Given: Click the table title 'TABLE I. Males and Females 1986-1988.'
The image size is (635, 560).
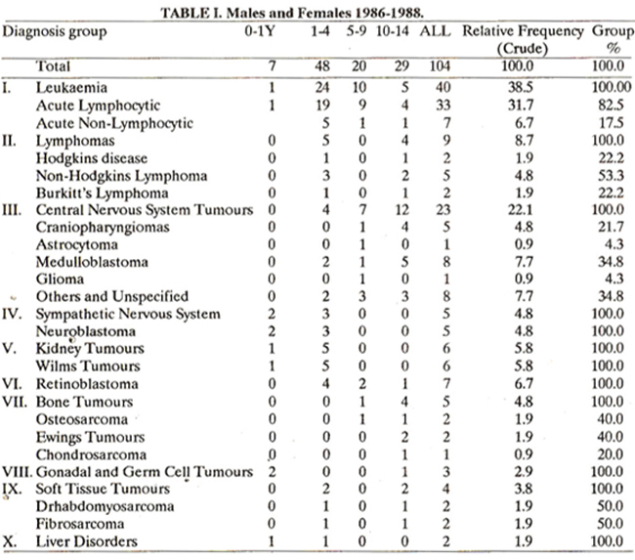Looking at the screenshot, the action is [x=292, y=13].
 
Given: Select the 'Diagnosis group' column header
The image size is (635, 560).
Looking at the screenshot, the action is [x=55, y=32].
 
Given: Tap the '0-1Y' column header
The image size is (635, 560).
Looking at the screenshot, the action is [x=260, y=31].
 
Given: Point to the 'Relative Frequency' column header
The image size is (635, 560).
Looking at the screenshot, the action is [x=523, y=31].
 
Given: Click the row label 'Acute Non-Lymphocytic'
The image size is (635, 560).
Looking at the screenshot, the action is [x=114, y=123].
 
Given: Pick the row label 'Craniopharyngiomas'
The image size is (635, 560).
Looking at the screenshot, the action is [x=103, y=228].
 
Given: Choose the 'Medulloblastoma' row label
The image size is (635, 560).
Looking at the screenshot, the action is [x=92, y=262].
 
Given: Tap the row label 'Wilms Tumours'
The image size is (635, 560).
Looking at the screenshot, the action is [x=88, y=366].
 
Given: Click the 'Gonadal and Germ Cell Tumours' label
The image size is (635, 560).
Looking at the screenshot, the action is [x=145, y=472].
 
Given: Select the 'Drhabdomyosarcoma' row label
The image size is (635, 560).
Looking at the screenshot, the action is [x=105, y=506].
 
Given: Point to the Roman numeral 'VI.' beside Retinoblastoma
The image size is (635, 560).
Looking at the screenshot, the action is [x=13, y=384].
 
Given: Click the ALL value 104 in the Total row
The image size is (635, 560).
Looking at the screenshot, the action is [x=440, y=66].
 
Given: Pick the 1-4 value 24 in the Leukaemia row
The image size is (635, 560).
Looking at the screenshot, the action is [x=322, y=88].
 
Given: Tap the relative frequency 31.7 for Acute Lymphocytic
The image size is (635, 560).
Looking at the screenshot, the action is [x=521, y=106].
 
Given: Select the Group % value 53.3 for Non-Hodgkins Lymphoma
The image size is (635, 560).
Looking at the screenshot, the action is [x=612, y=176].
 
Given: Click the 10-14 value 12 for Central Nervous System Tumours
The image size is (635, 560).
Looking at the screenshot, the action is [x=402, y=210].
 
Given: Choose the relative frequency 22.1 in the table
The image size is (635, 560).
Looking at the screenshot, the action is [x=521, y=210].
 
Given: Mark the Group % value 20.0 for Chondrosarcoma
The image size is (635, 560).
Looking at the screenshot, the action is [x=611, y=454].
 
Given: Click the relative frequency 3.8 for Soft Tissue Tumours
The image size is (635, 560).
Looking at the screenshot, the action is [x=524, y=489].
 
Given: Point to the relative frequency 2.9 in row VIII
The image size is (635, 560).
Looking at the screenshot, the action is [x=524, y=472].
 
